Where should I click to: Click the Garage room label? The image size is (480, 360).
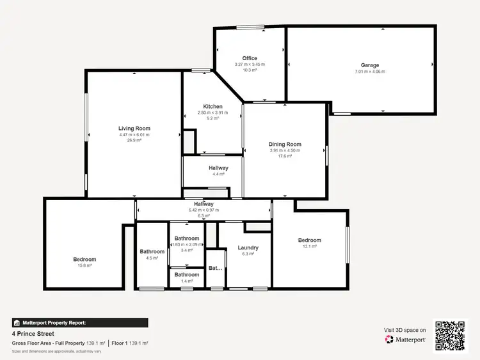coord(370,65)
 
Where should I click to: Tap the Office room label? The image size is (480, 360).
coord(250,58)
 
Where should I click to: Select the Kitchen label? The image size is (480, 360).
coord(213,106)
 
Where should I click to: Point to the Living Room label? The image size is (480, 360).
coord(134,129)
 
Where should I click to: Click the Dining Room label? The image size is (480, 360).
coord(285,145)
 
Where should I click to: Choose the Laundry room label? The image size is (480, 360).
coord(248,247)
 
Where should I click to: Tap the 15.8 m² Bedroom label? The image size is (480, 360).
coord(84,259)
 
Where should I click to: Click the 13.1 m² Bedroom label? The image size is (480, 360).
coord(310,240)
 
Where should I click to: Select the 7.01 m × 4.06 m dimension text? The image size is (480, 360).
coord(370,72)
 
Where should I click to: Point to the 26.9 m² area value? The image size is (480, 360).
coord(134,141)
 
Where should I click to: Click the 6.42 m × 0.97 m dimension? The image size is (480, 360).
coord(204,210)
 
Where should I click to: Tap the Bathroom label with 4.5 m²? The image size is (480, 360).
coord(152,251)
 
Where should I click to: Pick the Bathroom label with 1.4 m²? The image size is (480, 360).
coord(187,275)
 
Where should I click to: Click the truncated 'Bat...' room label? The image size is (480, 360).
coord(216,268)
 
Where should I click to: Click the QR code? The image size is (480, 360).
coord(451,335)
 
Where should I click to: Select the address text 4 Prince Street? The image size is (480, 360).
coord(33,334)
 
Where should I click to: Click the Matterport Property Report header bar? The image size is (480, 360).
coord(80,323)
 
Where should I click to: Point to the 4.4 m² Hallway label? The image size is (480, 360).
coord(218,168)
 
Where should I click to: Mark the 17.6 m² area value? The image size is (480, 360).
coord(285,156)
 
